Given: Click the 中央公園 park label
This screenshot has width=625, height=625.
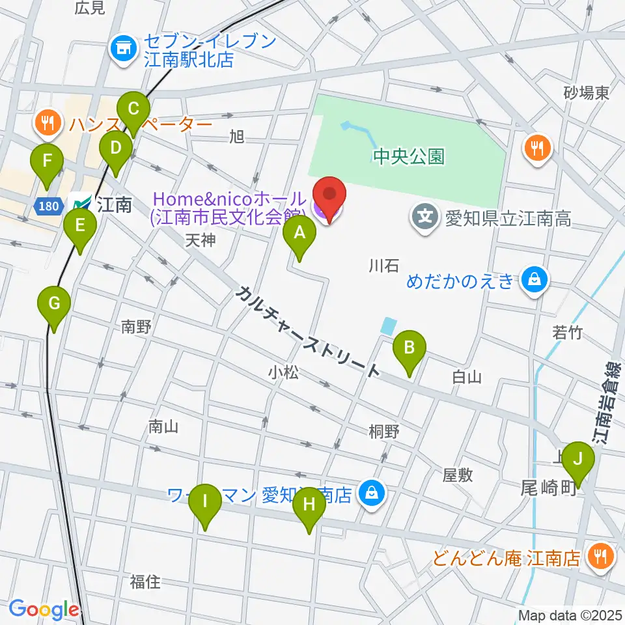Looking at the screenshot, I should click(409, 156).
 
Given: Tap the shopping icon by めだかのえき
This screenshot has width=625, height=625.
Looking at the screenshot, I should click(534, 281).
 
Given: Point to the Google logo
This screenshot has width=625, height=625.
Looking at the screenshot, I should click(44, 609).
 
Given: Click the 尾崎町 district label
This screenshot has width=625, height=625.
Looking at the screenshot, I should click(550, 487).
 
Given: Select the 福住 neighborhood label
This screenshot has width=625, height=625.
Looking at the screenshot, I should click(145, 581).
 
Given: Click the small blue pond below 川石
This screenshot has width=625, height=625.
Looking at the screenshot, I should click(389, 325).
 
